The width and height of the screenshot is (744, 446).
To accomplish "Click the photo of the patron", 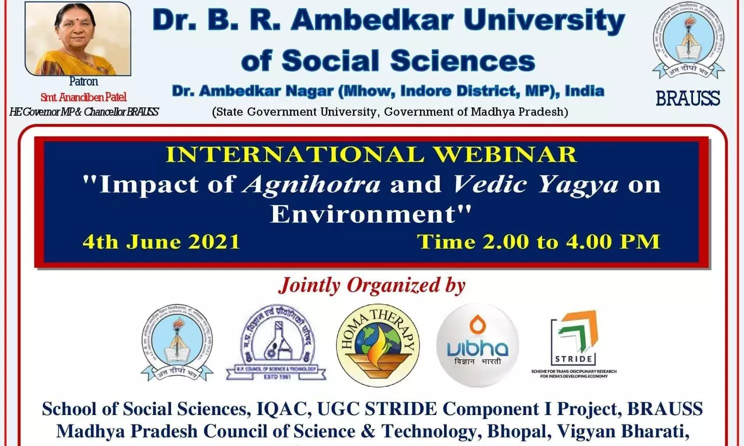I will pos(78,39).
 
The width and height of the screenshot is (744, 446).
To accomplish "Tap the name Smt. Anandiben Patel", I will pos(83,97).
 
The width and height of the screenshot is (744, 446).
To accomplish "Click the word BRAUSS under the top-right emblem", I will pos(687,99).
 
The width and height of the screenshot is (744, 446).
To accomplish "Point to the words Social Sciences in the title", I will pos(408,61).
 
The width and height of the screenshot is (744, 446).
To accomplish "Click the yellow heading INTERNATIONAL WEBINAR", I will pos(371,154).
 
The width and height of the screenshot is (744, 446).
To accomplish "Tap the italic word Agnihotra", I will pos(311,184).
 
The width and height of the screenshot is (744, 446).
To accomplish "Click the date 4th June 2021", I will pos(161,242).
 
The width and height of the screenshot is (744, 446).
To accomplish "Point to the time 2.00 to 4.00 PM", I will pos(538,242).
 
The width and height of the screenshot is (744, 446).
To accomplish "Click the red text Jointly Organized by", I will pos(372,285).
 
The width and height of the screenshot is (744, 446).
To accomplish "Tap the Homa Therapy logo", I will pos(377,345).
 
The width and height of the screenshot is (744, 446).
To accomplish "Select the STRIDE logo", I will pos(573,342).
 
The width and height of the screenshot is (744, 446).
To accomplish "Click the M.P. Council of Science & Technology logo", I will pos(276,343).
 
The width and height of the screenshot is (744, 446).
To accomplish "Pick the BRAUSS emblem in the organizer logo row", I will pos(177,343).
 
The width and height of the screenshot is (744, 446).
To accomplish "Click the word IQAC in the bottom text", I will pos(282,409).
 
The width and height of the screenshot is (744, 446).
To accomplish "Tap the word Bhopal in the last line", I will pos(518,431).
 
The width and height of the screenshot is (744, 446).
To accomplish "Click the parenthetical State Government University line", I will pos(390,112).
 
